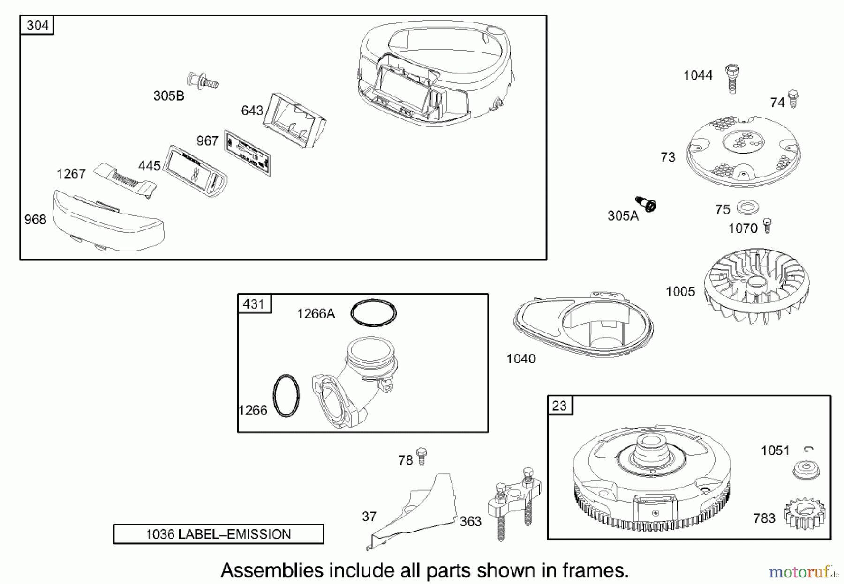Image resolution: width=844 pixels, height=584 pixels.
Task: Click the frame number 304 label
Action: pos(37,25)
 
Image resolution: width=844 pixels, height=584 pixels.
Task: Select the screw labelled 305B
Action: pos(203,81)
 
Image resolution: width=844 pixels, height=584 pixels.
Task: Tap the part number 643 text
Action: pos(252,111)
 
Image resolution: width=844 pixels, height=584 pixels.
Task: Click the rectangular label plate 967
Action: pos(248,153)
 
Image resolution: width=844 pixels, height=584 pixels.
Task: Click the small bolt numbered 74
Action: pos(793,99)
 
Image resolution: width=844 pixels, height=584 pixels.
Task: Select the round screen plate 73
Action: pos(743,151)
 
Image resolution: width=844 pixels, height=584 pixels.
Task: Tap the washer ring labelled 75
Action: pos(748,207)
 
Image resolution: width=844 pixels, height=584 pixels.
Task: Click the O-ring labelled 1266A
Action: pos(374,312)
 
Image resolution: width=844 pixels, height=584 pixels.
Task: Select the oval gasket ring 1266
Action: pos(286,396)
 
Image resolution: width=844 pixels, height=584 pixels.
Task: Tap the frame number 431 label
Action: pos(254,304)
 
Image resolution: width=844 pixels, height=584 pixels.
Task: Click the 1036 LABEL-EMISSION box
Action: pos(219,534)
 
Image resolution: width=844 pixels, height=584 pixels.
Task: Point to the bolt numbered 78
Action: pos(422,455)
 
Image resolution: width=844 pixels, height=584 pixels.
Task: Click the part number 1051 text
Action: pos(775,451)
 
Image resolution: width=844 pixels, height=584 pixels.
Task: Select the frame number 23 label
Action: pos(559,405)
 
